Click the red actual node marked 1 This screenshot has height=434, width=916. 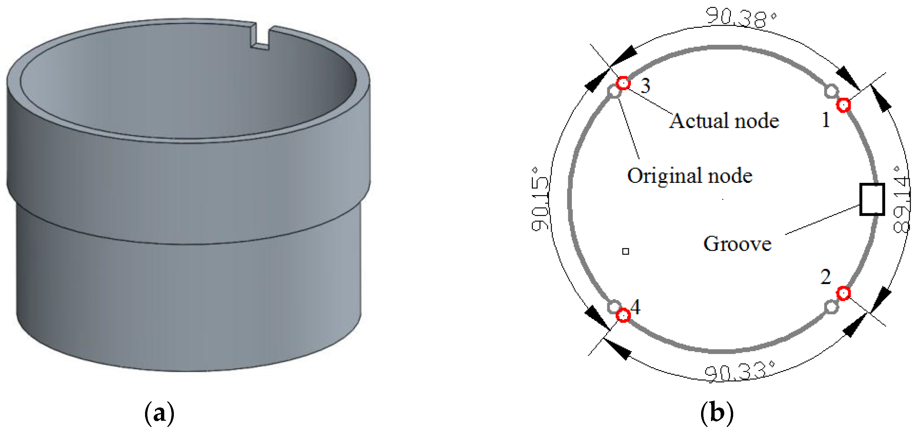843,105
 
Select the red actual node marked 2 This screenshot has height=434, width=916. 843,294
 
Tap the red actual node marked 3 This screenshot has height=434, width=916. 623,83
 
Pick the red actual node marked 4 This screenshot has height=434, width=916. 623,315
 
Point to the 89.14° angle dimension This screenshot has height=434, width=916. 901,199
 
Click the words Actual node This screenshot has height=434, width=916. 724,121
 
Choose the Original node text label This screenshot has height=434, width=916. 689,175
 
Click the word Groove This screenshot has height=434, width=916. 737,244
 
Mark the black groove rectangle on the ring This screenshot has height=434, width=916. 872,199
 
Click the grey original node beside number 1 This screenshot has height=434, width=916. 831,91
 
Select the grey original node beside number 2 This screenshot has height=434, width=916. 831,307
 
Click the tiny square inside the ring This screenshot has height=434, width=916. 626,251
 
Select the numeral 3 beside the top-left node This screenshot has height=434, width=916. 645,85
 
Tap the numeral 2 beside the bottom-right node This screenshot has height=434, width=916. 826,277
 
